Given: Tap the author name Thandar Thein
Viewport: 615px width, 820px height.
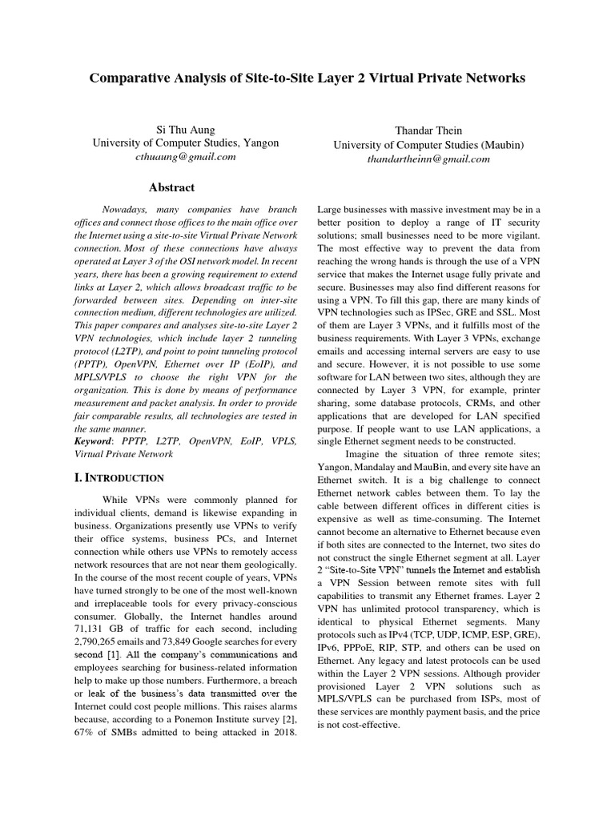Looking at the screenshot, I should click(x=428, y=130).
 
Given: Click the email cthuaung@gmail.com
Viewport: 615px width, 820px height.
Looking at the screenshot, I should click(x=186, y=157).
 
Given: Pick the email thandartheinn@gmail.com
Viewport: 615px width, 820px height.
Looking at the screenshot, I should click(x=428, y=159).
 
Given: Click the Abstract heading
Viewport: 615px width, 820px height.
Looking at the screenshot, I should click(x=172, y=187).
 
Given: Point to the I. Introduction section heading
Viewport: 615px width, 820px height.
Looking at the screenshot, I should click(x=119, y=478).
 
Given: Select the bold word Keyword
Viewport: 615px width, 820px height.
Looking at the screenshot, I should click(x=92, y=441).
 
